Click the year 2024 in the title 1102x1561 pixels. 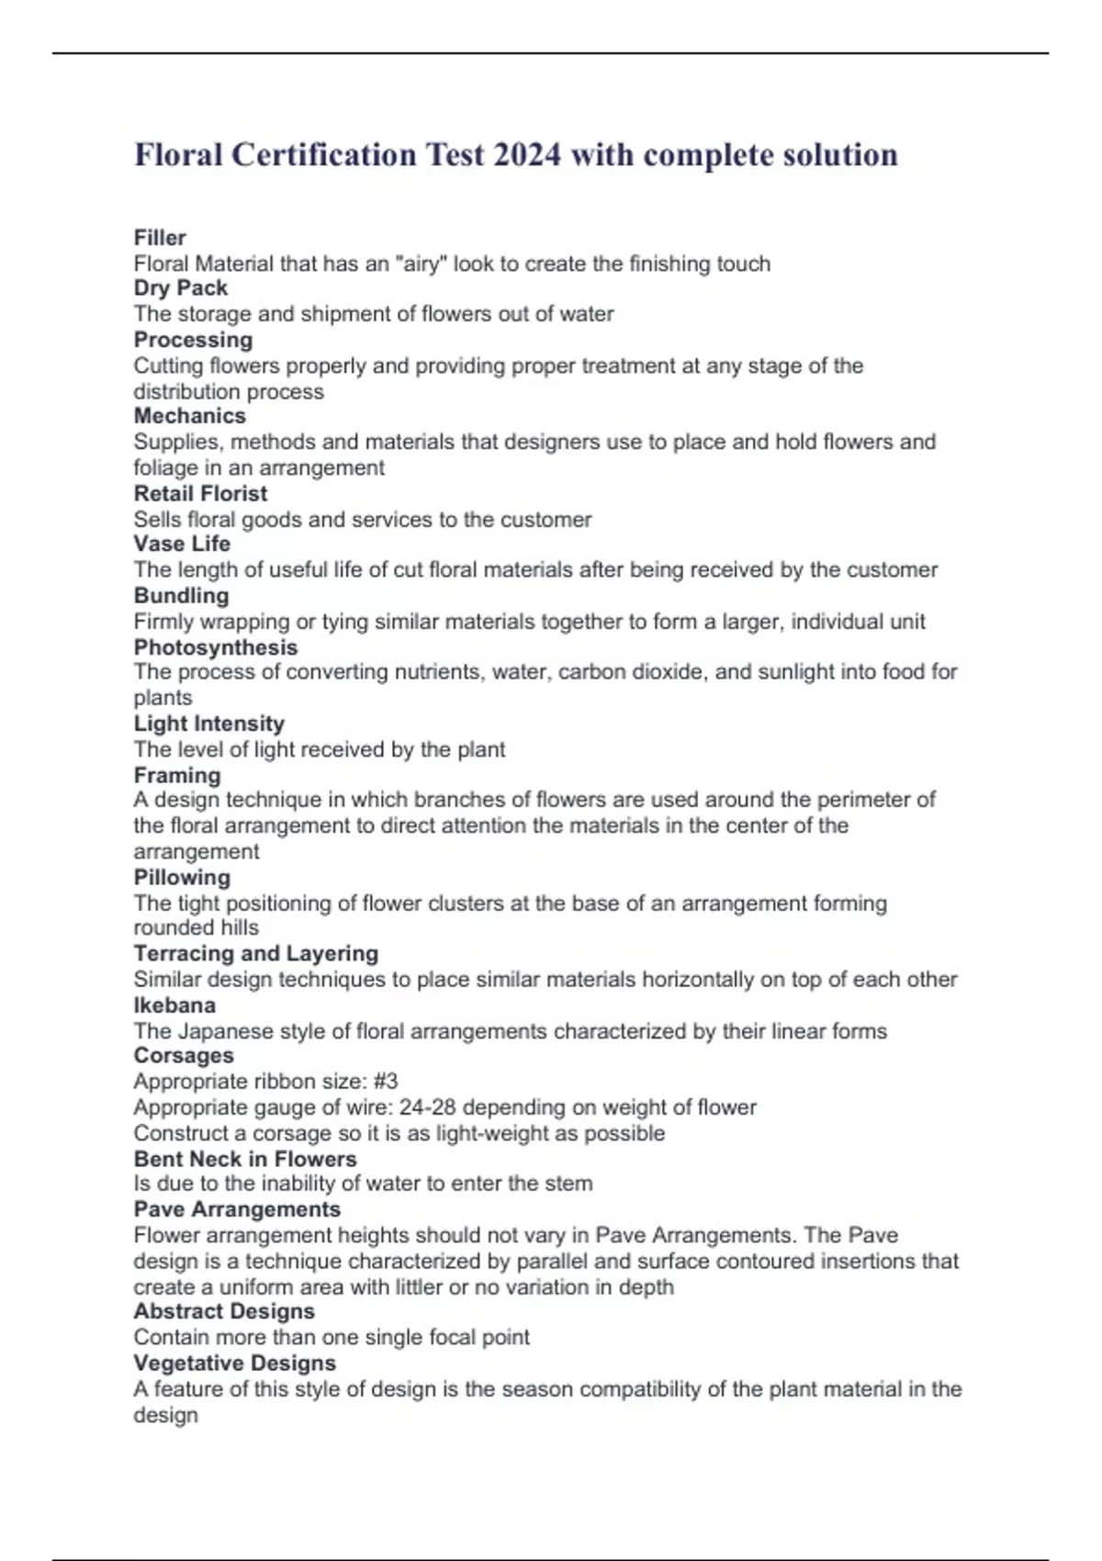pyautogui.click(x=526, y=154)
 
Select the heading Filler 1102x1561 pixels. pyautogui.click(x=160, y=238)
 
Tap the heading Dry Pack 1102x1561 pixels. pyautogui.click(x=181, y=288)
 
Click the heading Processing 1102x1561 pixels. pyautogui.click(x=193, y=340)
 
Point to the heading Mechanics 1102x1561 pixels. pyautogui.click(x=190, y=416)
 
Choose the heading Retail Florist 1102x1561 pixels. pyautogui.click(x=200, y=493)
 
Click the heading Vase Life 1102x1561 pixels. pyautogui.click(x=182, y=544)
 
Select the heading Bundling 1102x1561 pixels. pyautogui.click(x=181, y=595)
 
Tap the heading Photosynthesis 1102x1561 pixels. pyautogui.click(x=216, y=647)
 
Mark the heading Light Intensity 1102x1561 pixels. pyautogui.click(x=209, y=724)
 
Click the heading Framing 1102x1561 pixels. pyautogui.click(x=177, y=775)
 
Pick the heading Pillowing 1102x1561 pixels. pyautogui.click(x=182, y=877)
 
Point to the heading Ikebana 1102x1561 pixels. pyautogui.click(x=174, y=1005)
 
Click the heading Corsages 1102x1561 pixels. pyautogui.click(x=184, y=1056)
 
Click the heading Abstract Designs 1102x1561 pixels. pyautogui.click(x=224, y=1311)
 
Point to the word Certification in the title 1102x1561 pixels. pyautogui.click(x=323, y=154)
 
